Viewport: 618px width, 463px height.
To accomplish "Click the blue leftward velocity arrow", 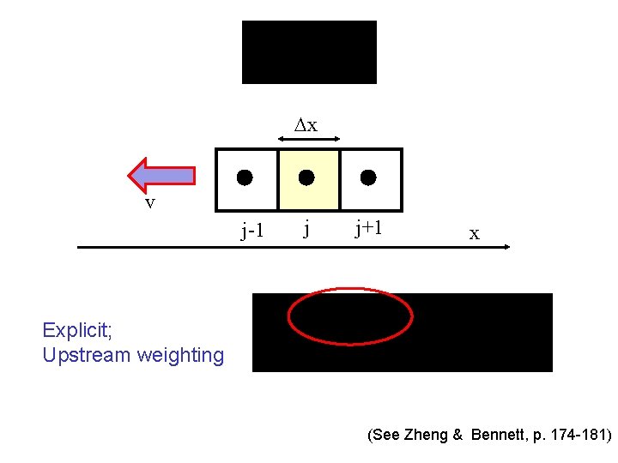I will click(162, 175).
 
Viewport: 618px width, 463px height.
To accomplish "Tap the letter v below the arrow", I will click(149, 203).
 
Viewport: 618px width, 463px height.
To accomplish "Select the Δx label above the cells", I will click(306, 125).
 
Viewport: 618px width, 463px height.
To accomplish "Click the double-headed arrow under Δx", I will click(310, 138).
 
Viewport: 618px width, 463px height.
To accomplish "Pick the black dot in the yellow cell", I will click(306, 178).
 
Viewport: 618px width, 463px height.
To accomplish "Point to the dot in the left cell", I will click(245, 178).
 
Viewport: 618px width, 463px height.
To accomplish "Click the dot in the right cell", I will click(368, 178).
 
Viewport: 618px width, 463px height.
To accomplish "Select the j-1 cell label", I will click(252, 230).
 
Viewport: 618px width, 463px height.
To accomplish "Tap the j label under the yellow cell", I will click(306, 228).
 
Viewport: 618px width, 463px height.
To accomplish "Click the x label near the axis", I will click(474, 233).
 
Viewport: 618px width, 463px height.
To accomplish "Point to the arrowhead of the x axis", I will click(506, 247).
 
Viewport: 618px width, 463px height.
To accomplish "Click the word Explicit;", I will click(77, 329).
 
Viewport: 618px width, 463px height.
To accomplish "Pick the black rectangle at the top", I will click(309, 52).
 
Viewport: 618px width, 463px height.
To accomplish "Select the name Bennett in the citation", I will click(502, 436).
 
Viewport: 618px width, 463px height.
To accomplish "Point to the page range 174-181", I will click(578, 436).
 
